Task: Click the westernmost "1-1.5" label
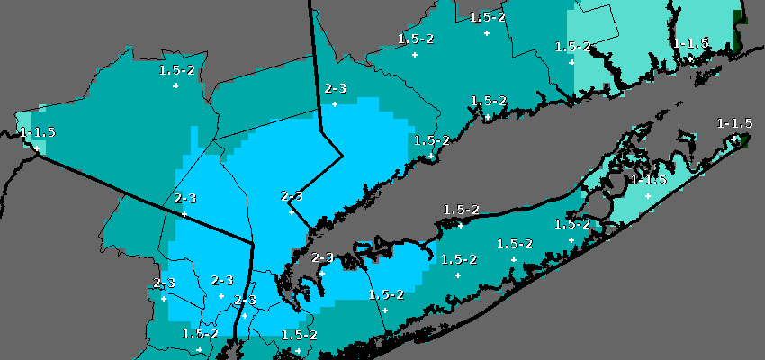tap(37, 133)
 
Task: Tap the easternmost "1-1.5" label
tap(734, 123)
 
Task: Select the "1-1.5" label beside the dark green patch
tap(691, 43)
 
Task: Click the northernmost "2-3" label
tap(336, 89)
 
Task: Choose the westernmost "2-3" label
tap(164, 283)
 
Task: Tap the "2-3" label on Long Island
tap(322, 258)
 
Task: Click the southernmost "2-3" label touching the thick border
tap(246, 300)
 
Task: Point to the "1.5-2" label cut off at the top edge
tap(487, 17)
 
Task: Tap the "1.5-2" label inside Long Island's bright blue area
tap(386, 294)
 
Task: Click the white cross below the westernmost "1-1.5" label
tap(37, 149)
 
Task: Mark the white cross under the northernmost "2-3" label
tap(335, 104)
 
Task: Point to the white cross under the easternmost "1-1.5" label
tap(735, 139)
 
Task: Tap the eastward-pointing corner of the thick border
tap(342, 156)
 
